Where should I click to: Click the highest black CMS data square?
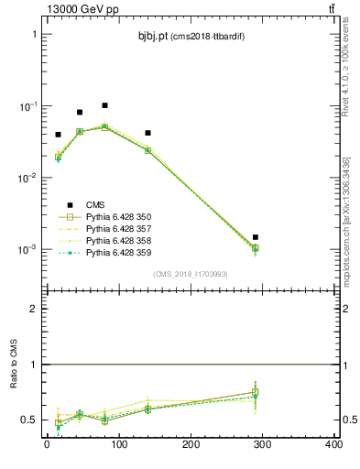(x=105, y=105)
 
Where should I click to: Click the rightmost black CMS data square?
(x=256, y=237)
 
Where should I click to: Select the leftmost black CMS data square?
(x=58, y=135)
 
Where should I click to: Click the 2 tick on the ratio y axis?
(x=35, y=309)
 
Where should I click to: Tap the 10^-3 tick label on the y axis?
(x=27, y=249)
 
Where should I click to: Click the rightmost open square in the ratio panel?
(x=256, y=392)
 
